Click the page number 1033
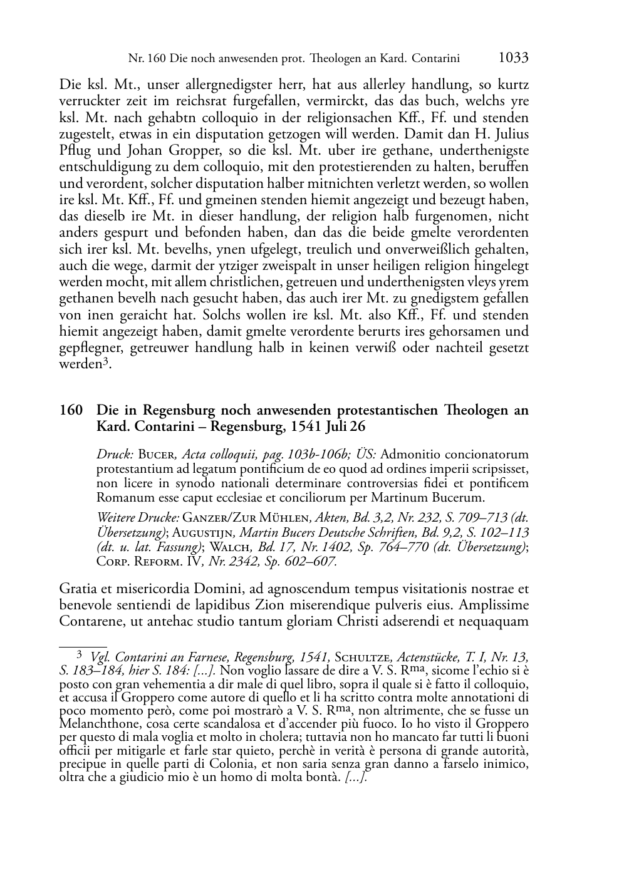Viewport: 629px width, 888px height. coord(513,58)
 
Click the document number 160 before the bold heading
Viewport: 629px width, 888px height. coord(70,411)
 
